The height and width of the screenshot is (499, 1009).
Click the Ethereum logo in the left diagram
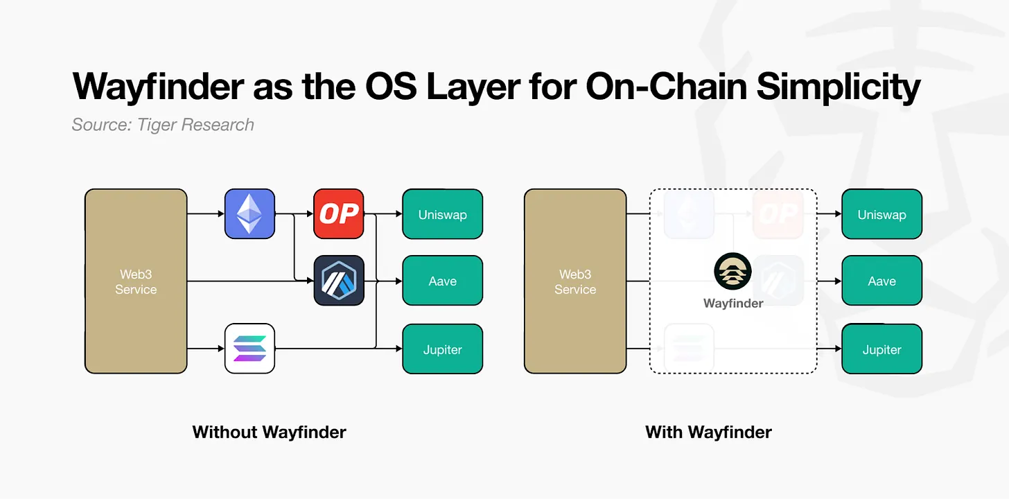249,214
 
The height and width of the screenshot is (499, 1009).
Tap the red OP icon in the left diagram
338,214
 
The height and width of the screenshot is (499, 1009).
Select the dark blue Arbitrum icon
338,281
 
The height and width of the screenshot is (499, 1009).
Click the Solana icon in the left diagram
249,349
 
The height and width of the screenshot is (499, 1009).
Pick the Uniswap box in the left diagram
442,214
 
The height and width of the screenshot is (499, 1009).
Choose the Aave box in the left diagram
442,281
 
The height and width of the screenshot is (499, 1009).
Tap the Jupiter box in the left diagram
442,349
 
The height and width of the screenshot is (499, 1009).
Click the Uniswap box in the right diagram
881,214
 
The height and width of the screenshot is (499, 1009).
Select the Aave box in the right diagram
881,281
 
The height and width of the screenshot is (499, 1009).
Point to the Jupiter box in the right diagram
881,349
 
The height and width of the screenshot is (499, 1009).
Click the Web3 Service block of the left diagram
136,281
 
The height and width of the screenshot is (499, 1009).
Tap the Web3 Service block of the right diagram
575,281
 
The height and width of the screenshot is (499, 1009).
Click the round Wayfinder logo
732,272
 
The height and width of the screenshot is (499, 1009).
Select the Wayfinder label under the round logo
733,303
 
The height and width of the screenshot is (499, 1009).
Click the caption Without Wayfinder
269,432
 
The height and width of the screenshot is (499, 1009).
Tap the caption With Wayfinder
708,432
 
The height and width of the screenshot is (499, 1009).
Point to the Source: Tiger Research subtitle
163,125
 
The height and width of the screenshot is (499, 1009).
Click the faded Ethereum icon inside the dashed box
689,214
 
